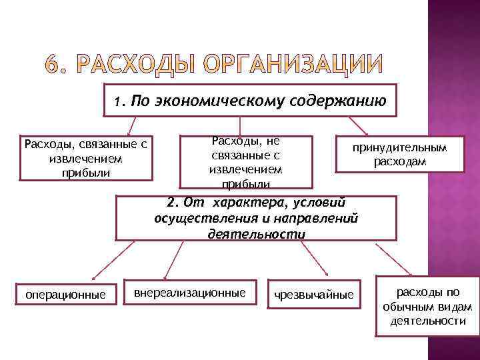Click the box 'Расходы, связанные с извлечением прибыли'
pyautogui.click(x=85, y=158)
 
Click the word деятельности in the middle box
pyautogui.click(x=257, y=234)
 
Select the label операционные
pyautogui.click(x=65, y=294)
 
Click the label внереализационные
pyautogui.click(x=190, y=293)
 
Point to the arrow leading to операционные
pyautogui.click(x=103, y=261)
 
